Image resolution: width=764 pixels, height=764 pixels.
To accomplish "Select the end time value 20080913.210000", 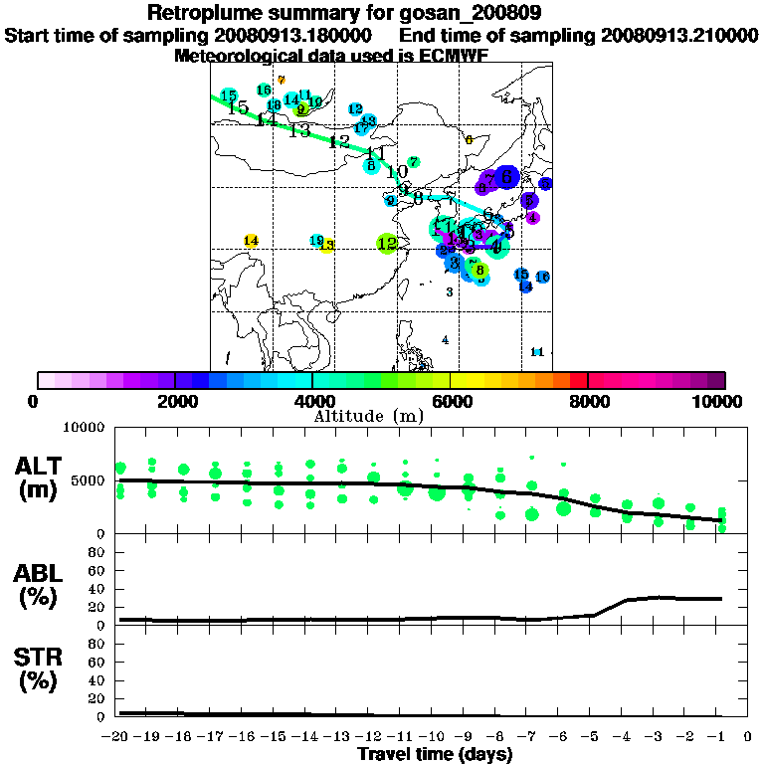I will click(x=679, y=35).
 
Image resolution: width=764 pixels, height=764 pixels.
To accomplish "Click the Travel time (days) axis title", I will click(x=436, y=755).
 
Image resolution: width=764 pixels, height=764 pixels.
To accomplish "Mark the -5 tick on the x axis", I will click(x=593, y=737).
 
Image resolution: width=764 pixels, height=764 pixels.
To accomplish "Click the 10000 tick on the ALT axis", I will click(x=84, y=428).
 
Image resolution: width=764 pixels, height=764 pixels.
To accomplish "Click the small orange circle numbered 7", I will click(x=282, y=80).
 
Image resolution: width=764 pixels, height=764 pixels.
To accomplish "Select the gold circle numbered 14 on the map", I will click(x=251, y=241).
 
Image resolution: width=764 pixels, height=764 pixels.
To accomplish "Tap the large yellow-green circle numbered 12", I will click(x=387, y=243).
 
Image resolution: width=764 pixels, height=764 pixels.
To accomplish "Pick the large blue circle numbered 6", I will click(x=506, y=177).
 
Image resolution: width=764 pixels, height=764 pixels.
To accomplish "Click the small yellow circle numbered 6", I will click(x=469, y=139).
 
